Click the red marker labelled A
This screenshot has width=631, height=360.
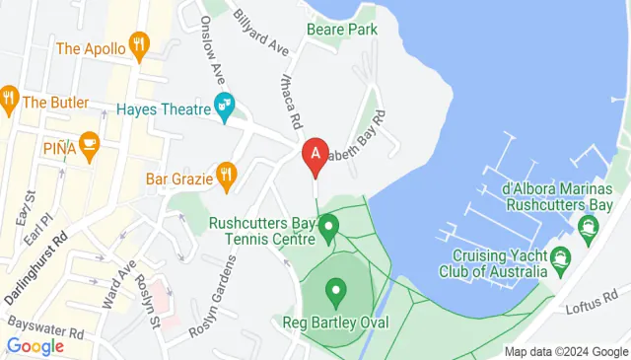click(x=315, y=155)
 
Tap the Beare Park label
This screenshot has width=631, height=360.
click(x=342, y=30)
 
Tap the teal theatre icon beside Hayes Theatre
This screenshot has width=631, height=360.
click(x=225, y=104)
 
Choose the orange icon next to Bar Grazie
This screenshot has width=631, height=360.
click(x=226, y=177)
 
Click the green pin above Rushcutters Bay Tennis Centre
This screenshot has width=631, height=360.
click(x=327, y=228)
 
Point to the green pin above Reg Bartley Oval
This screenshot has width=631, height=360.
click(x=337, y=292)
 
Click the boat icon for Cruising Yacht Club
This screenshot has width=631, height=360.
click(x=561, y=261)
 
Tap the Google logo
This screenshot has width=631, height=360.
click(x=35, y=346)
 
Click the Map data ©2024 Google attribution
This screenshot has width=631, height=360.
click(x=566, y=352)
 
